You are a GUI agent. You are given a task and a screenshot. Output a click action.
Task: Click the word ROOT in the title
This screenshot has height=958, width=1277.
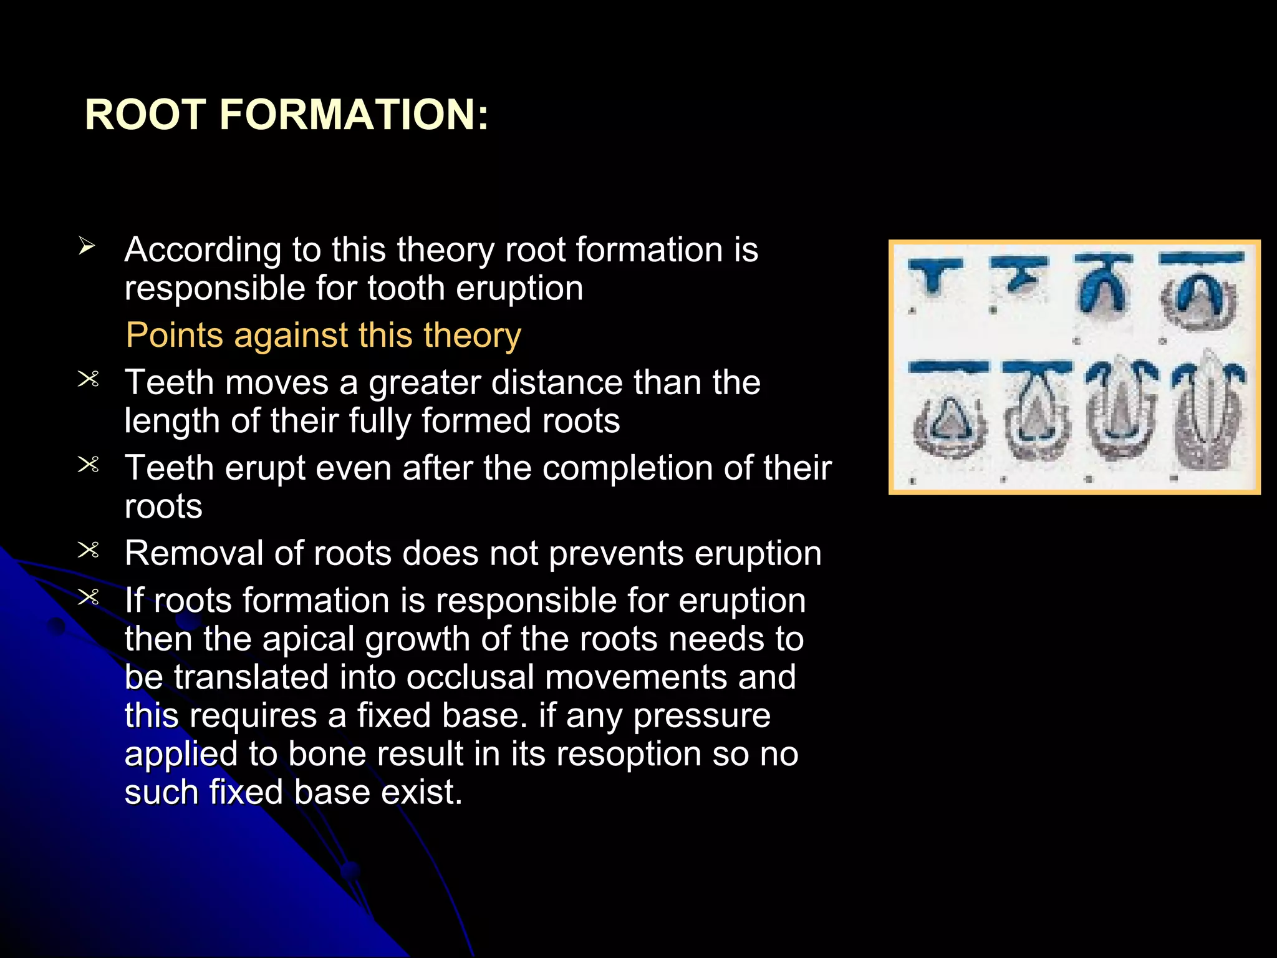coord(145,115)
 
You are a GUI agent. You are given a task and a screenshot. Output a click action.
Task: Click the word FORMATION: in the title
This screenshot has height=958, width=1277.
coord(354,115)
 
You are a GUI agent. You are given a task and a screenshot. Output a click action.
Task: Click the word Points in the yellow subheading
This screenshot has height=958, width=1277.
coord(174,336)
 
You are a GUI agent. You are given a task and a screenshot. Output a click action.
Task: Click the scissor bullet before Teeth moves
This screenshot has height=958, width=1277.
coord(88,379)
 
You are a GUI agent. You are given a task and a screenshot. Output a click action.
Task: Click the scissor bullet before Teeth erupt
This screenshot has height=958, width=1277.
coord(88,465)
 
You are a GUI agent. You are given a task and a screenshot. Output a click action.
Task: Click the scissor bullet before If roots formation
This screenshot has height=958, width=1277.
coord(88,598)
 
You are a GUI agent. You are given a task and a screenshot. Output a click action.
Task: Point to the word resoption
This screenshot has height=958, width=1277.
coord(629,755)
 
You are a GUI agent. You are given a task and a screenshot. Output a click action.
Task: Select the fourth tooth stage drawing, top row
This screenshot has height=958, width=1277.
coord(1200,293)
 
